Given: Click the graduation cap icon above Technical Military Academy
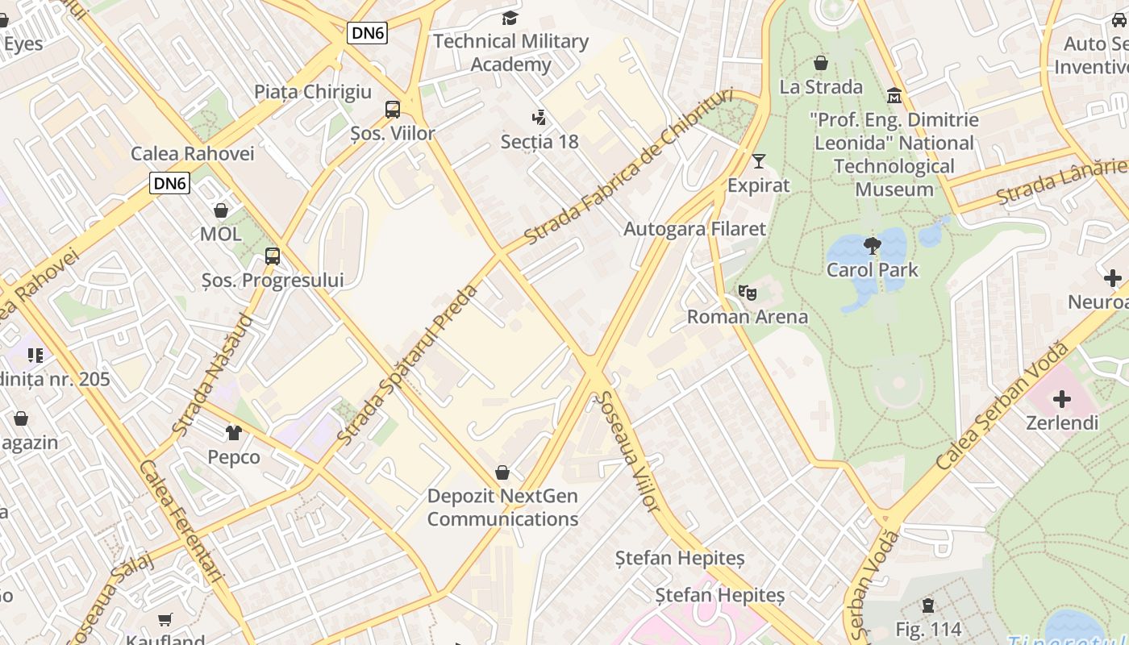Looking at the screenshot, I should pyautogui.click(x=510, y=18).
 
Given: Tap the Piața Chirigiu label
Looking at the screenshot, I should pyautogui.click(x=313, y=91).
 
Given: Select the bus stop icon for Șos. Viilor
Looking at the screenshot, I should pyautogui.click(x=393, y=110).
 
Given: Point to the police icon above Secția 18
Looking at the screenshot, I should pyautogui.click(x=539, y=119).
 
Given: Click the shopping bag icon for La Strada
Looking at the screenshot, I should pyautogui.click(x=821, y=63).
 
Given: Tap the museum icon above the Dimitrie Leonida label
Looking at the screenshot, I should pyautogui.click(x=894, y=97).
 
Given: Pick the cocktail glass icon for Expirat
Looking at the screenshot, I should pyautogui.click(x=758, y=161).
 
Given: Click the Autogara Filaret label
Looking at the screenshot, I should pyautogui.click(x=694, y=228).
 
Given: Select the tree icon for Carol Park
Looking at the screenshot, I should pyautogui.click(x=872, y=246).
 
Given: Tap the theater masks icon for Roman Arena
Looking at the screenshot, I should pyautogui.click(x=748, y=293).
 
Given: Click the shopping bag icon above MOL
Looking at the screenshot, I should pyautogui.click(x=220, y=210).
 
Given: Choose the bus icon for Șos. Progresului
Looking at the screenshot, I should pyautogui.click(x=273, y=256).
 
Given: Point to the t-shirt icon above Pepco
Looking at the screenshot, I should pyautogui.click(x=234, y=433).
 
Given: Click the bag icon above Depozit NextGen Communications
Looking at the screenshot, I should pyautogui.click(x=502, y=472).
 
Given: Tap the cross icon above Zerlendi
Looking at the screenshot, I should pyautogui.click(x=1061, y=399).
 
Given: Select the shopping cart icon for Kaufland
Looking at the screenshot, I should pyautogui.click(x=165, y=619).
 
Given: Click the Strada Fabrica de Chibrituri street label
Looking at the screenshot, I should pyautogui.click(x=629, y=165).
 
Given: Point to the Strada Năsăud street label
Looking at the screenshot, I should pyautogui.click(x=212, y=375).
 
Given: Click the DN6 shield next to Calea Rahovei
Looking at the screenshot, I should pyautogui.click(x=170, y=183).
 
